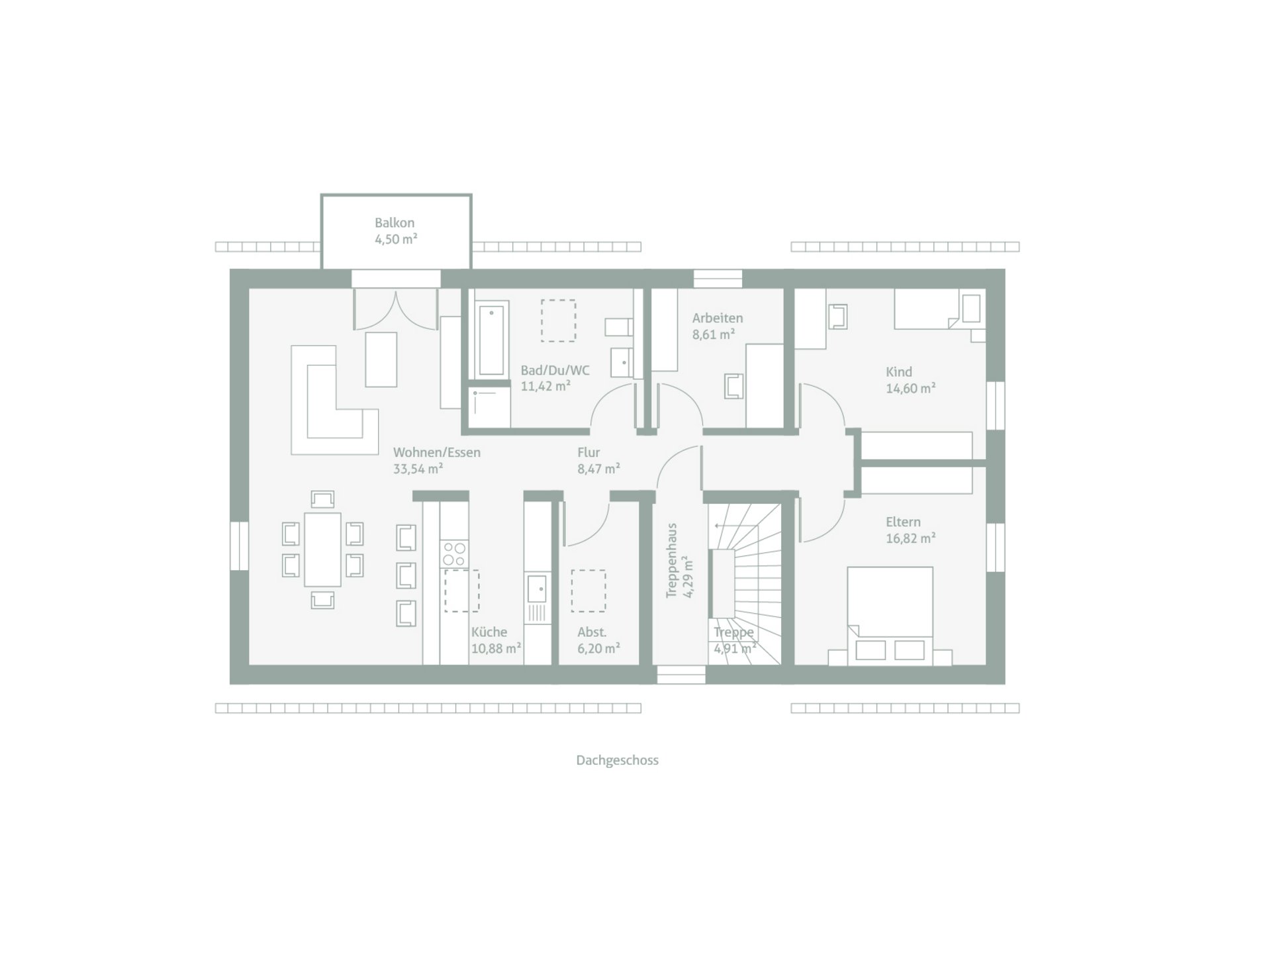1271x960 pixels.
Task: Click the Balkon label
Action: point(395,223)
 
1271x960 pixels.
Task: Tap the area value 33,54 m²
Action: point(418,469)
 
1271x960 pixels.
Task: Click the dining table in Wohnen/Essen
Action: point(322,549)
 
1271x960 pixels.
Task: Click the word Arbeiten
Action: point(718,318)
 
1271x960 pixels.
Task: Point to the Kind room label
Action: point(899,372)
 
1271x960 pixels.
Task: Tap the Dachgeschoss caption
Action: point(617,761)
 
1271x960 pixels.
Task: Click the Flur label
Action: point(588,453)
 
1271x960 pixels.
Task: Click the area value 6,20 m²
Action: point(598,649)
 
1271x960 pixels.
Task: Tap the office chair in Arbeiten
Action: point(734,386)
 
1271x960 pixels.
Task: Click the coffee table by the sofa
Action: point(381,359)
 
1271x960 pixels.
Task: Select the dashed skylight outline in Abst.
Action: point(588,591)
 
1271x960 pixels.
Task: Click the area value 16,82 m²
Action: point(911,538)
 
